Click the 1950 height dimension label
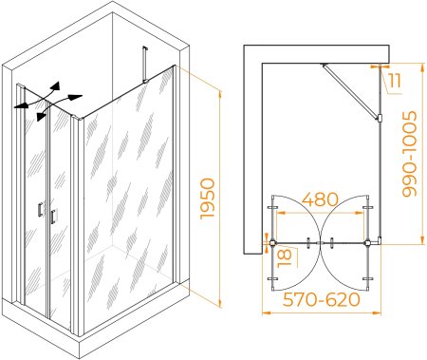point(208,199)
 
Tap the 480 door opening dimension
point(320,199)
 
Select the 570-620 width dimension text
point(322,299)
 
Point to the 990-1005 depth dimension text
point(410,154)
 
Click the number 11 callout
point(395,81)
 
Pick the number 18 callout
point(285,258)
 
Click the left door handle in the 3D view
point(40,210)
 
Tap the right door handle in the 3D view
point(53,217)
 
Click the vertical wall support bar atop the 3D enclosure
point(145,65)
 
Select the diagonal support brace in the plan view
point(350,91)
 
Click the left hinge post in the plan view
point(272,243)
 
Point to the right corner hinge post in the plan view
point(368,243)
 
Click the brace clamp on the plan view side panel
point(380,118)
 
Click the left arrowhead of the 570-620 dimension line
point(267,313)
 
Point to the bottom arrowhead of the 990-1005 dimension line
point(422,240)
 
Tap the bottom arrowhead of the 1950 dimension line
point(220,303)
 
